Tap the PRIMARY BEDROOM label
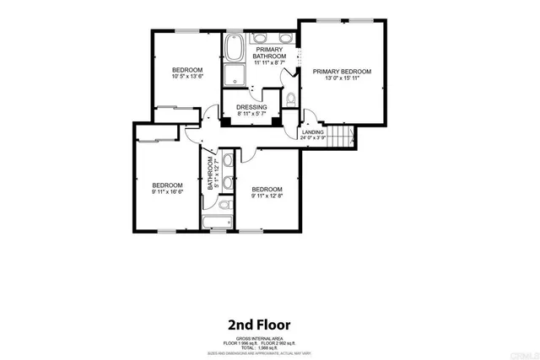coord(343,72)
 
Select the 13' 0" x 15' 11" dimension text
coord(343,80)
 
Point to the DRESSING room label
coord(251,108)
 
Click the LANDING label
coord(312,132)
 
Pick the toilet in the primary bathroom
coord(290,99)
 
